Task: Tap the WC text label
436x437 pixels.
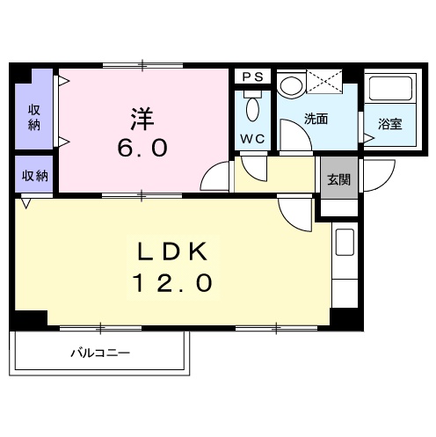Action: [x=252, y=139]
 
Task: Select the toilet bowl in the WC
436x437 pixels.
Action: [x=252, y=109]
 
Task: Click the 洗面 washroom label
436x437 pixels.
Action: [x=316, y=120]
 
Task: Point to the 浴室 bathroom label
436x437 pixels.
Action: [x=390, y=124]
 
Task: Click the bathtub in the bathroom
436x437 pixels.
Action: [x=390, y=91]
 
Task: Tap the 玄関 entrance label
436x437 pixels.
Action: [x=338, y=179]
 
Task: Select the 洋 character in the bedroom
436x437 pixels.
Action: [x=143, y=118]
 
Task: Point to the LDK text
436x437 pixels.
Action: [x=173, y=253]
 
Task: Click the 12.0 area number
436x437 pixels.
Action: [x=173, y=284]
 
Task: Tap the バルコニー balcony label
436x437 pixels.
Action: [x=101, y=353]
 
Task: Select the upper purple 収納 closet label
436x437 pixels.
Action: [x=33, y=117]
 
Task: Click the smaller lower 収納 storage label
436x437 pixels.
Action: [x=35, y=175]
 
